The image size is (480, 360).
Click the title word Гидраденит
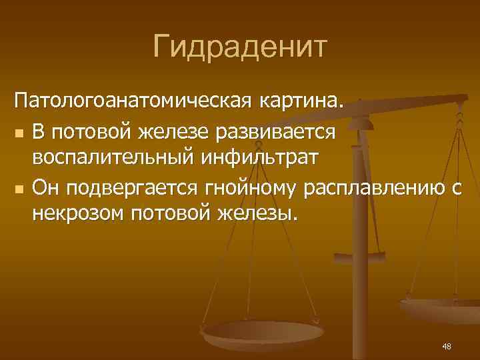[240, 47]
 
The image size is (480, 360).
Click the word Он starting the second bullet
[45, 188]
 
